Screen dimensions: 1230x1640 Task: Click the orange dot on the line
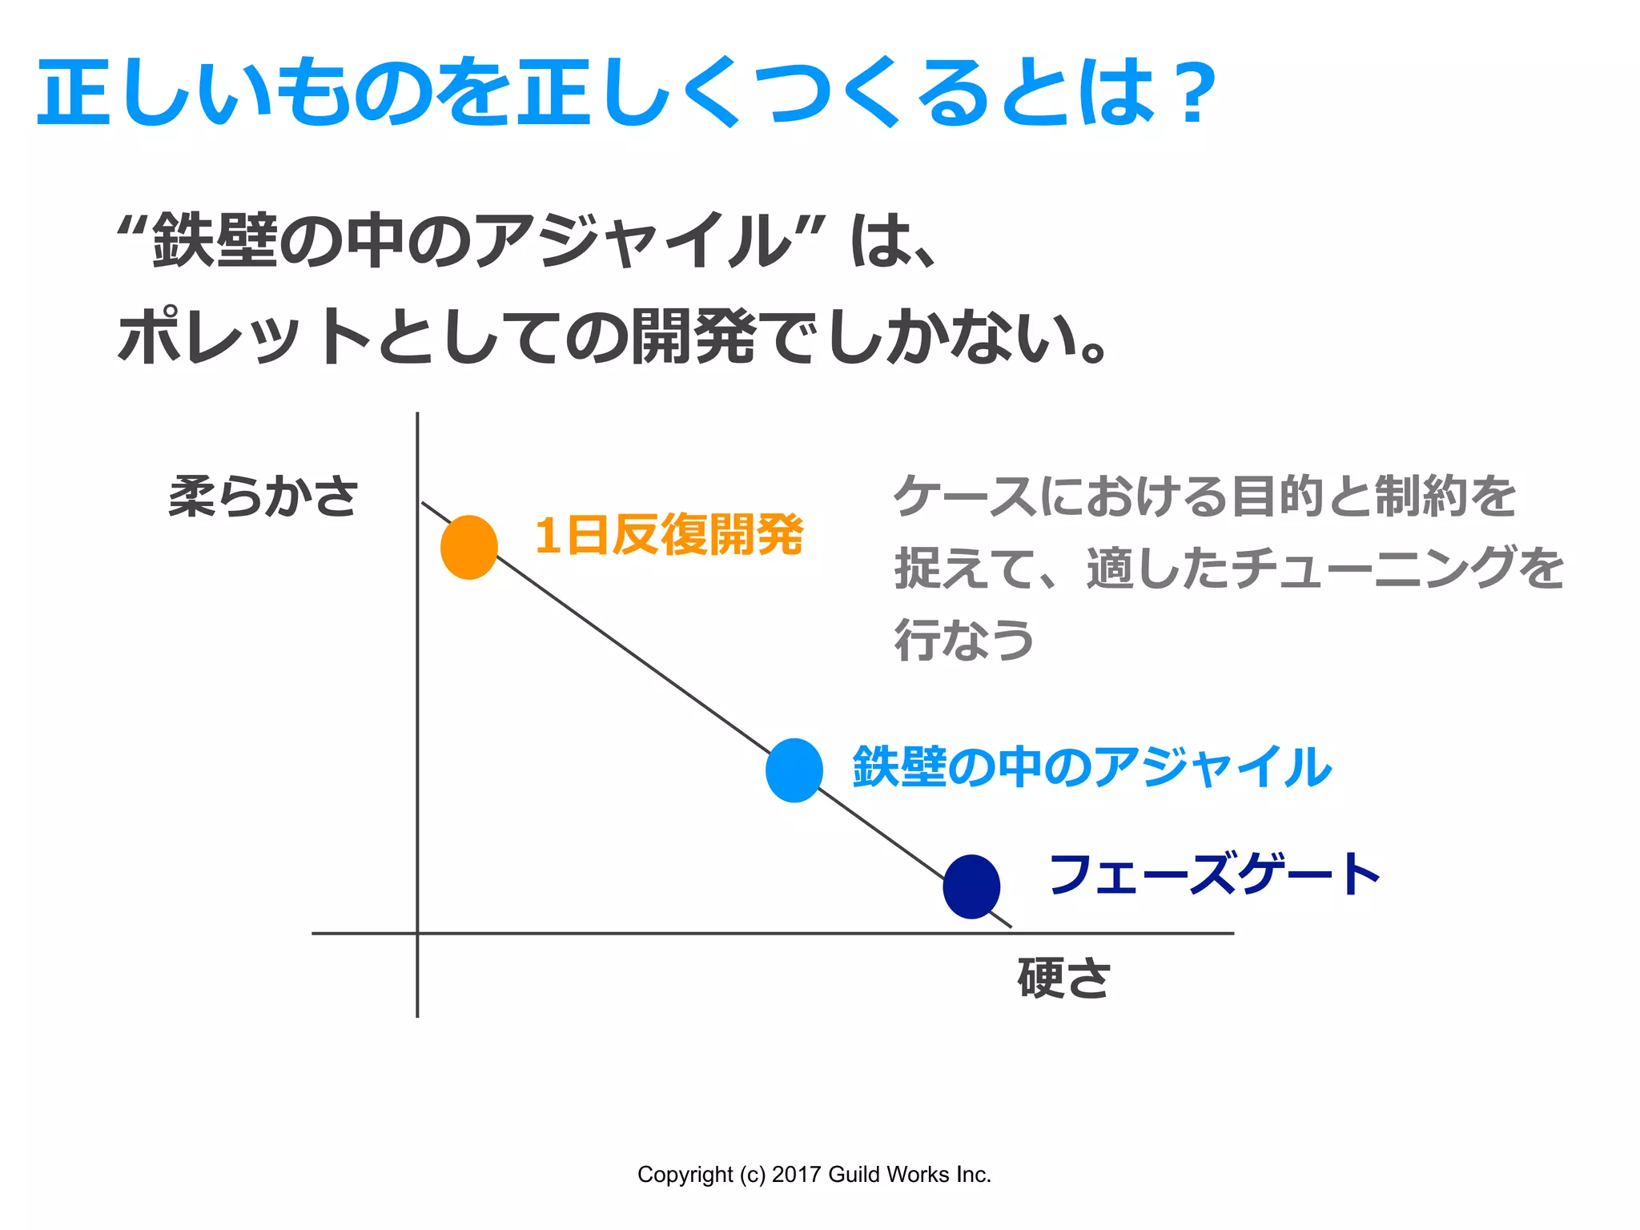click(469, 547)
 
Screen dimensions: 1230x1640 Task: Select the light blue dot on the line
click(794, 770)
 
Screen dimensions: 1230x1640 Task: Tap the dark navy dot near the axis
click(971, 886)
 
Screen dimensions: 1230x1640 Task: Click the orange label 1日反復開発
click(669, 535)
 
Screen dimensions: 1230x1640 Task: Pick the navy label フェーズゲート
click(1214, 874)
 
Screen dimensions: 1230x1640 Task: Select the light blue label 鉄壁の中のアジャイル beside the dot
click(1092, 767)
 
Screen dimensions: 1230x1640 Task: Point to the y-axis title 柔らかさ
click(263, 496)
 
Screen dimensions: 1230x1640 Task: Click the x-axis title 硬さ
click(1063, 979)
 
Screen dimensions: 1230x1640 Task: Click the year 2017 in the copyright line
click(796, 1175)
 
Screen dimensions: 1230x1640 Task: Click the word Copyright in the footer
click(685, 1175)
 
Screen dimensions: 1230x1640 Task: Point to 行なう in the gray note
click(964, 640)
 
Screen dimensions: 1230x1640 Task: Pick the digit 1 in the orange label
click(548, 535)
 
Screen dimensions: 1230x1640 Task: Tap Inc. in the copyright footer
click(972, 1175)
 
